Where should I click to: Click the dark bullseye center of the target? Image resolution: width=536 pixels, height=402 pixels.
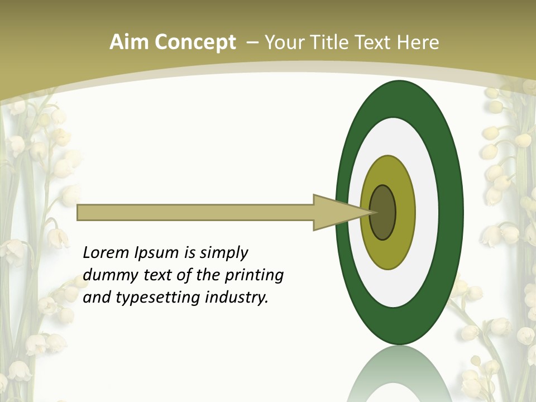(383, 212)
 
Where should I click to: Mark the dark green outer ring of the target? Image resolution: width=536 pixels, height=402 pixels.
(451, 212)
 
